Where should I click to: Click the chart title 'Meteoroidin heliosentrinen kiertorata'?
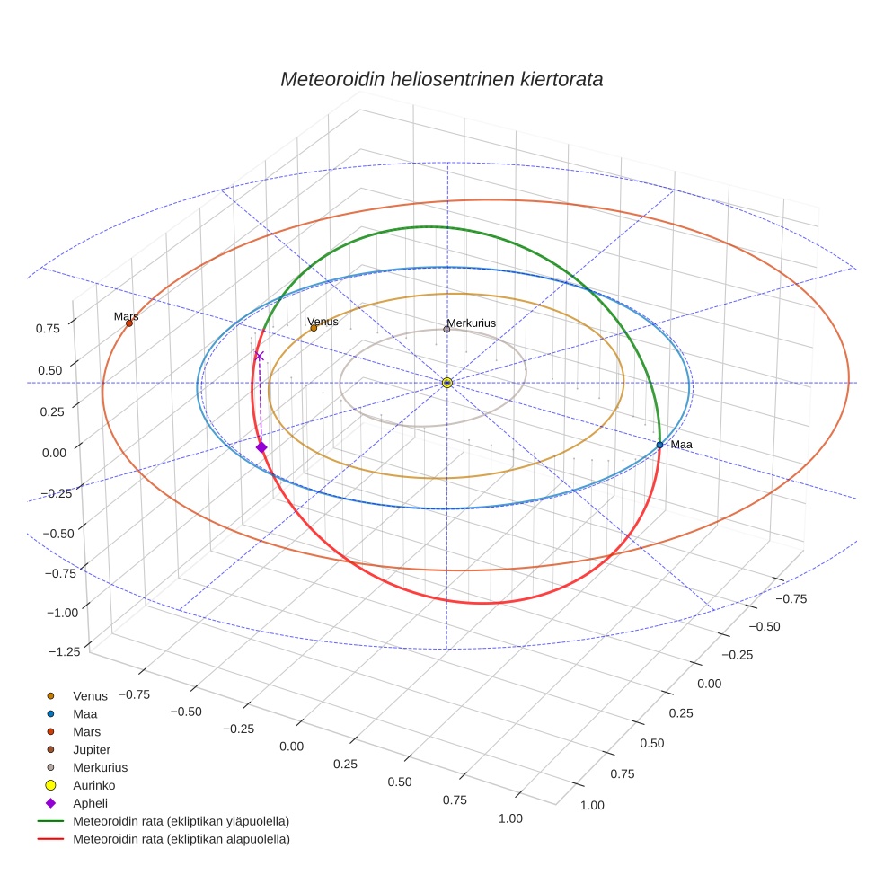click(441, 79)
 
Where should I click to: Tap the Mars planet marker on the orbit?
click(129, 323)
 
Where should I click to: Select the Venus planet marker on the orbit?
click(314, 328)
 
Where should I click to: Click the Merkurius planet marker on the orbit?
click(446, 330)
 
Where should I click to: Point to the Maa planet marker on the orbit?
click(659, 445)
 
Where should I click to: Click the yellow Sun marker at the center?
click(447, 383)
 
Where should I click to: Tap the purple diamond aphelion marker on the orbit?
click(261, 447)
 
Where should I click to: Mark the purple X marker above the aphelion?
click(260, 356)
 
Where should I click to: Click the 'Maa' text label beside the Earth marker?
click(681, 445)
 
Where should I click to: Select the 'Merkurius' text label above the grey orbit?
click(471, 323)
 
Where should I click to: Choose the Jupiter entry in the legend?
click(92, 749)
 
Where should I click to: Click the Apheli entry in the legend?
click(90, 803)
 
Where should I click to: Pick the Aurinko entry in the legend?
click(93, 785)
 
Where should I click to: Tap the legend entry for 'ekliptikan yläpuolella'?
click(181, 821)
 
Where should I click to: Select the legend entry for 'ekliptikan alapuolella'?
click(181, 839)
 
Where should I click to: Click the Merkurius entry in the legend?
click(100, 767)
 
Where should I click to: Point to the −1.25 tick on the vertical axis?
click(66, 651)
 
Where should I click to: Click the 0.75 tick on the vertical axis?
click(48, 329)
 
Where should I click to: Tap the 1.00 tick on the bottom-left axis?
click(509, 818)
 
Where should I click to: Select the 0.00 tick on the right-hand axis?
click(709, 684)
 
